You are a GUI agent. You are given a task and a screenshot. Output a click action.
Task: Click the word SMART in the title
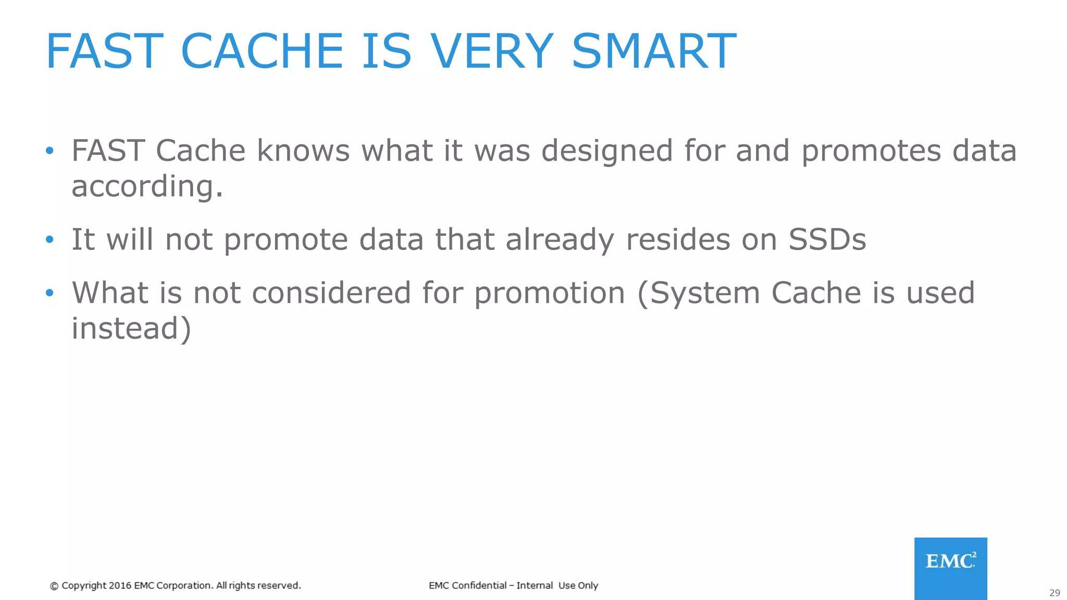tap(654, 51)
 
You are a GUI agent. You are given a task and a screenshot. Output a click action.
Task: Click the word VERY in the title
tap(492, 51)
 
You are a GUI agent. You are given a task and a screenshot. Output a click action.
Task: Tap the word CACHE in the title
tap(262, 51)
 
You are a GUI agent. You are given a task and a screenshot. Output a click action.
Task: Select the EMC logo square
tap(950, 568)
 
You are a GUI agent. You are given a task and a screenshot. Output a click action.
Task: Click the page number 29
tap(1054, 593)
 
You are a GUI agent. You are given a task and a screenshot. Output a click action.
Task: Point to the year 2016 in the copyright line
tap(120, 585)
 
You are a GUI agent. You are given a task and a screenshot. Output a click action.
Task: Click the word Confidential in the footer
tap(479, 585)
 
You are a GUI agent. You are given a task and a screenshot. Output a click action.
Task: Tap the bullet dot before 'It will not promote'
tap(49, 240)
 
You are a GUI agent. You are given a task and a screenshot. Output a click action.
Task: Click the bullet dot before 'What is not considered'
tap(49, 293)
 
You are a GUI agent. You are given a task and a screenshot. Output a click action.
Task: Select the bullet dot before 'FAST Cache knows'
tap(49, 151)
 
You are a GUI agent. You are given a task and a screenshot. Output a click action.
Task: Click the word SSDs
tap(827, 240)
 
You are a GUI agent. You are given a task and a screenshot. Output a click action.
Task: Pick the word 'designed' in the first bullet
tap(607, 151)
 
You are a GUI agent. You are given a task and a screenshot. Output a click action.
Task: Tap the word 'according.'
tap(147, 186)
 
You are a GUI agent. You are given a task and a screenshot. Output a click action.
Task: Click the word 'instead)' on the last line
tap(131, 329)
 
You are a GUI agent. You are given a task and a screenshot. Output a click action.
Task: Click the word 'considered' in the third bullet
tap(331, 293)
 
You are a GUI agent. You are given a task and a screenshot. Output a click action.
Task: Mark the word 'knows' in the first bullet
tap(303, 151)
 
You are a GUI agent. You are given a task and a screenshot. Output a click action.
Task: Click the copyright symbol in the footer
tap(54, 586)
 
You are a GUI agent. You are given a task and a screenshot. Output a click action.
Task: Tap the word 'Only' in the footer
tap(588, 585)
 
